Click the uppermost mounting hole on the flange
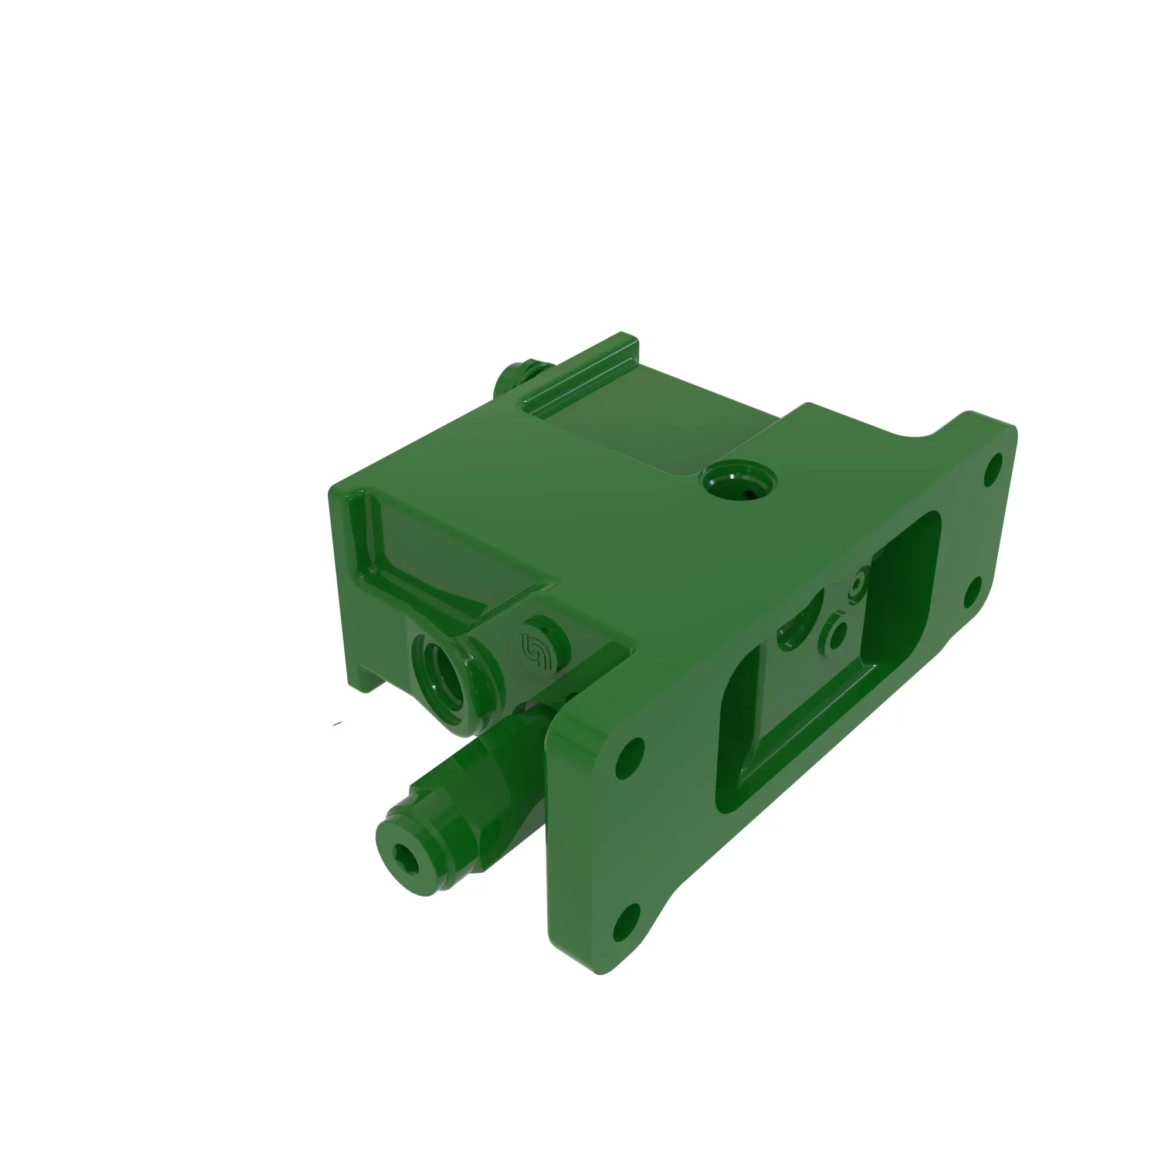pos(994,466)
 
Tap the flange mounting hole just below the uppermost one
pos(972,594)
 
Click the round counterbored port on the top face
pos(738,483)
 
